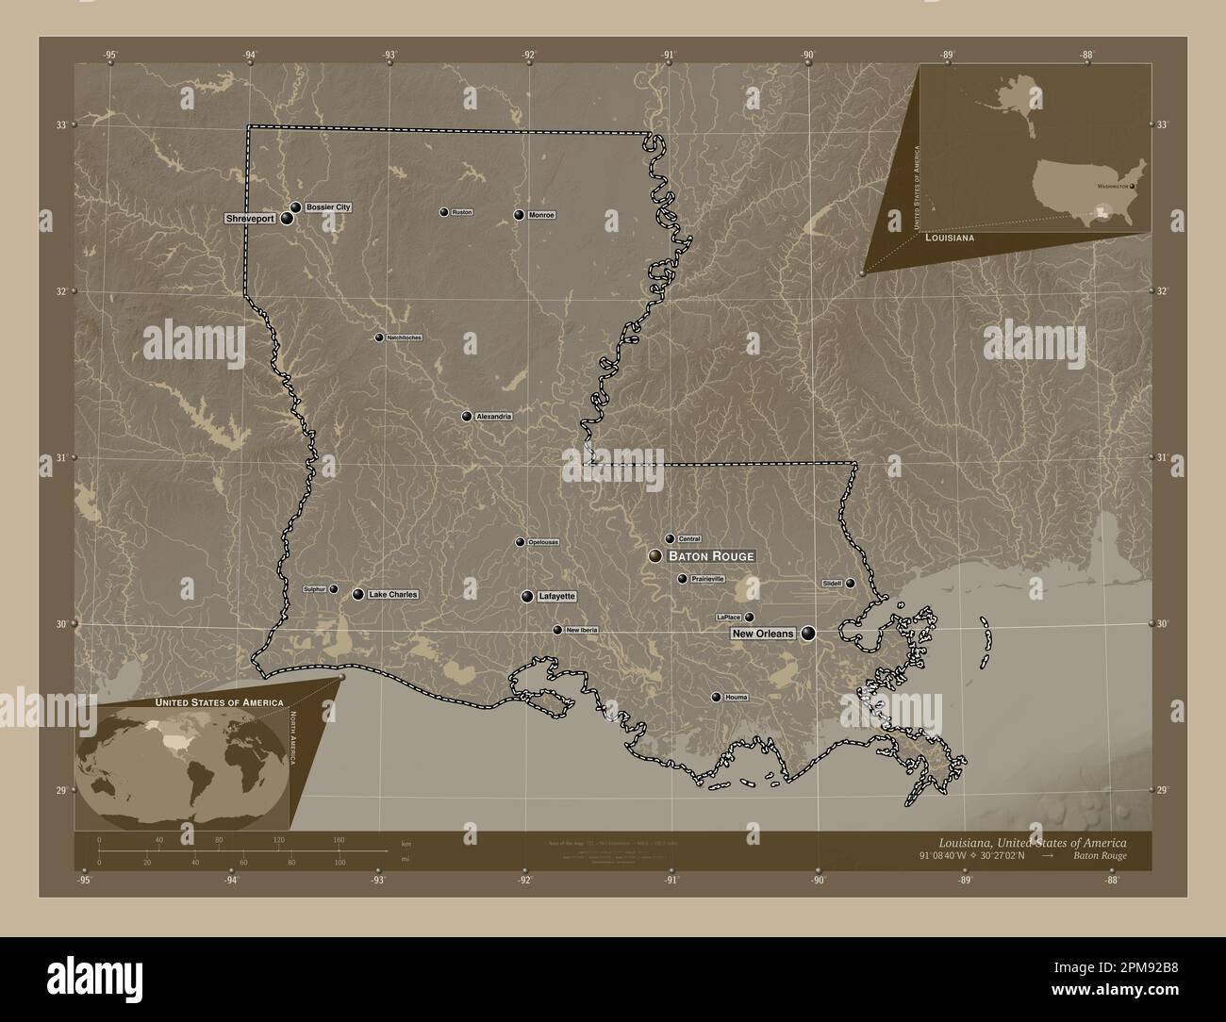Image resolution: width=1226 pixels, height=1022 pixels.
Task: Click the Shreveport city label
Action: [250, 219]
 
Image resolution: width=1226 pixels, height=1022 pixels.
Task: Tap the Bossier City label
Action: [327, 206]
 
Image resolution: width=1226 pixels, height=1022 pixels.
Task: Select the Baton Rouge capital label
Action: [711, 556]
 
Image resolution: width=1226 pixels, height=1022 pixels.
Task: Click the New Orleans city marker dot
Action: [808, 635]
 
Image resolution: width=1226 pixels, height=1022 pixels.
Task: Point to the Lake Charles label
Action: [391, 595]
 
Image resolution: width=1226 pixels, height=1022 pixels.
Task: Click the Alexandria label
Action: [493, 417]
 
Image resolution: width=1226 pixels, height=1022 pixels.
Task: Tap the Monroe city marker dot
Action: [519, 215]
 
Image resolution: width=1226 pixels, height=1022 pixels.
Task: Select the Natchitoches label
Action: [404, 338]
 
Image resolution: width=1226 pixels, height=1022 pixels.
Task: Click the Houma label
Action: [737, 698]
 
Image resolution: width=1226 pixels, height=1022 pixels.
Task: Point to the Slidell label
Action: [832, 584]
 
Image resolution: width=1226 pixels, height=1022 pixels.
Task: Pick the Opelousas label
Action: [543, 542]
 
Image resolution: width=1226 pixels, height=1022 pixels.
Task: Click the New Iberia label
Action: [581, 630]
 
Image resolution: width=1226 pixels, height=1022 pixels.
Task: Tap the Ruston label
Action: [461, 213]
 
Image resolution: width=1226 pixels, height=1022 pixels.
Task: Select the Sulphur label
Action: [314, 589]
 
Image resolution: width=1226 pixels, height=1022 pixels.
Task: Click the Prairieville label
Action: [707, 579]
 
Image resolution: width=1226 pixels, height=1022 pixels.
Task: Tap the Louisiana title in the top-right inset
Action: [950, 239]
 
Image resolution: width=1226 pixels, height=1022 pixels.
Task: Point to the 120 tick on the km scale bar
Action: [278, 839]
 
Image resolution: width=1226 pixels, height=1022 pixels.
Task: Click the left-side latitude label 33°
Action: [60, 125]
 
